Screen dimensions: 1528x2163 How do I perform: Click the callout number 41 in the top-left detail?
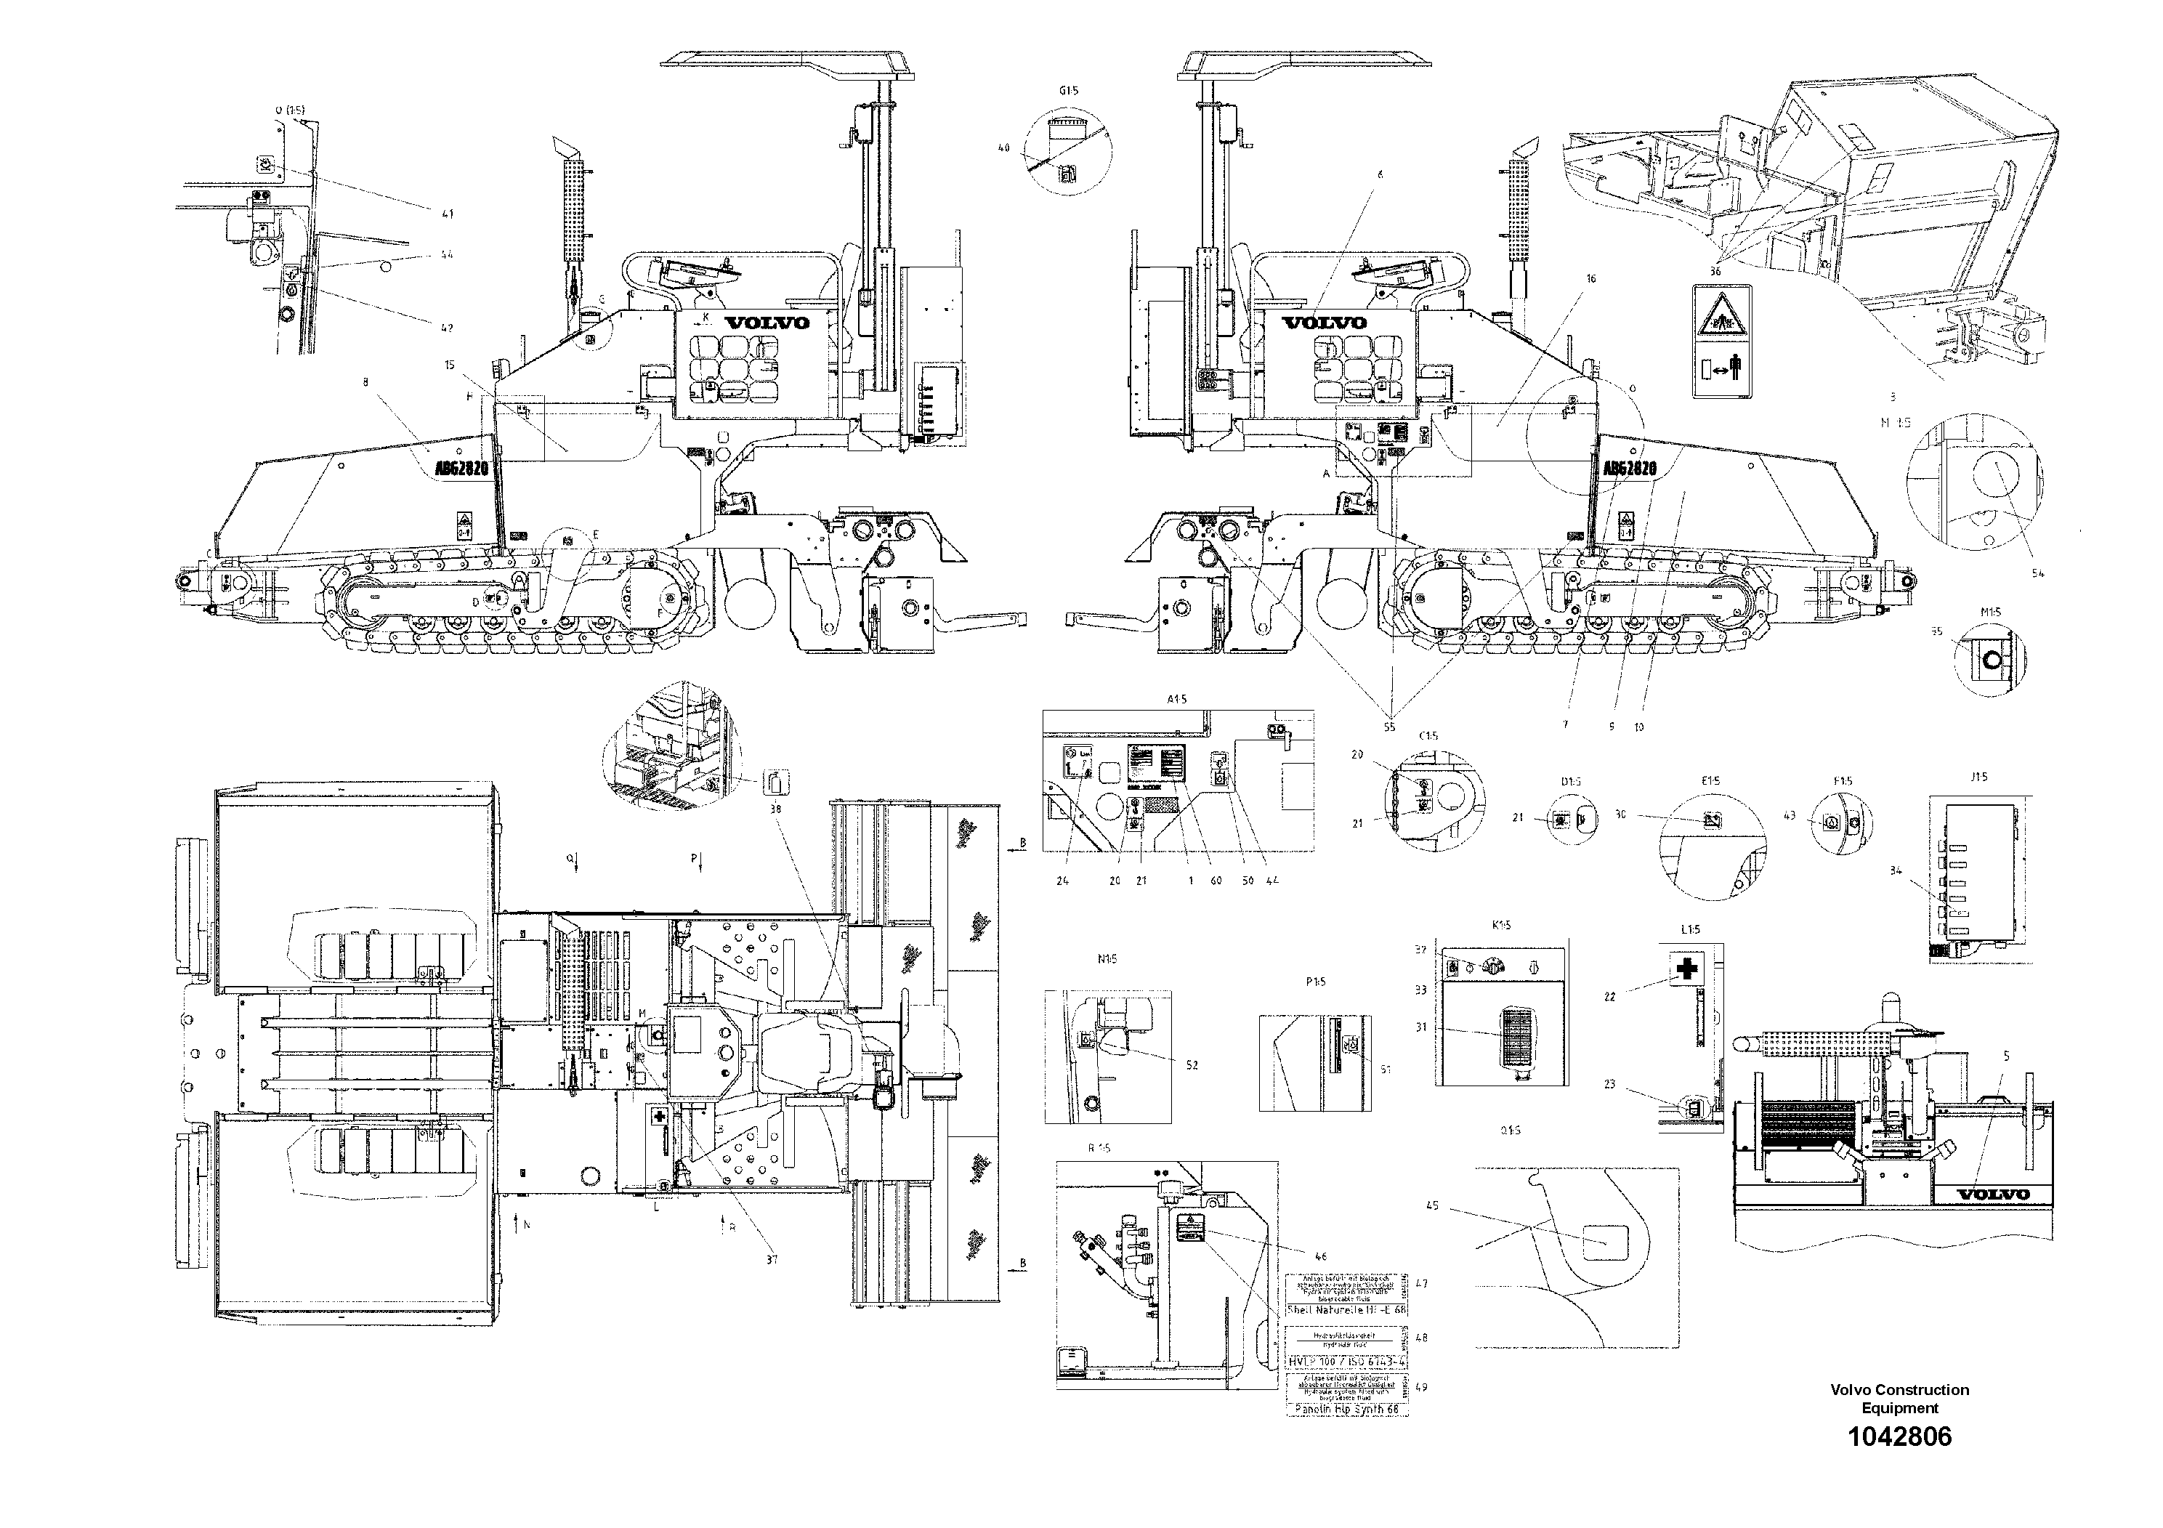448,214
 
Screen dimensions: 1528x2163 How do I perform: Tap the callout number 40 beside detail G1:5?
1003,148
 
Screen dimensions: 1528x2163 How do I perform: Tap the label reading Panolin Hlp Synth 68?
1347,1410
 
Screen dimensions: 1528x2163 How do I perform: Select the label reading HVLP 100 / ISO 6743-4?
1347,1362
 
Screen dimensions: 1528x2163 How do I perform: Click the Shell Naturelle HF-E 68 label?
1347,1310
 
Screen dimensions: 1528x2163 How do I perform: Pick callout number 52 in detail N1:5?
1192,1064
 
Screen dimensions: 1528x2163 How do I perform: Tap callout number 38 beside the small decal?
775,809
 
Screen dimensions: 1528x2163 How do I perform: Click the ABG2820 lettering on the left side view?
461,467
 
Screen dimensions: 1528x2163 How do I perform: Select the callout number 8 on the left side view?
365,381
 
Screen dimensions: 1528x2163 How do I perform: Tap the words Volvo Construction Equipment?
1899,1399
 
